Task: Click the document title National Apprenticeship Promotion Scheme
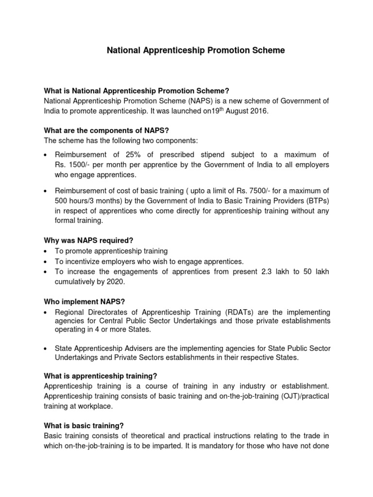[196, 50]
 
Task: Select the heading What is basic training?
[84, 426]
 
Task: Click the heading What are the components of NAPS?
[106, 131]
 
